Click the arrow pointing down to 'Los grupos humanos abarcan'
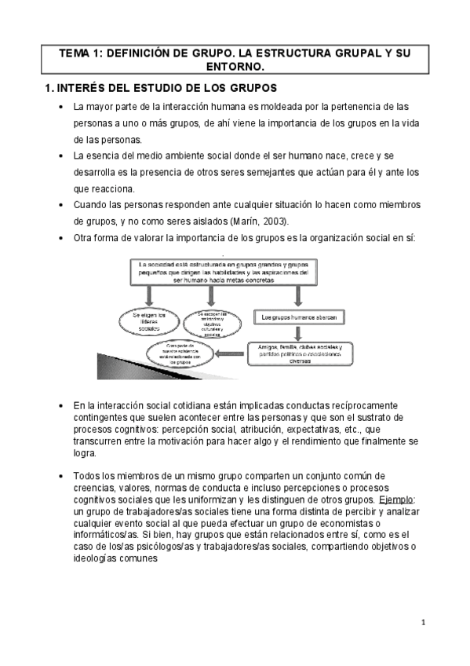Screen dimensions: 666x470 pyautogui.click(x=298, y=296)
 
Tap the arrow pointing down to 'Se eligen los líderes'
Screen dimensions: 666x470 pyautogui.click(x=144, y=295)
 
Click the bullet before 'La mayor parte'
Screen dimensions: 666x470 pyautogui.click(x=61, y=106)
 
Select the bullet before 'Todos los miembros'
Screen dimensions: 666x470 pyautogui.click(x=61, y=476)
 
